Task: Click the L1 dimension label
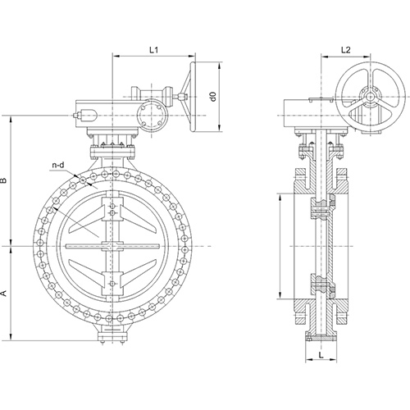[153, 50]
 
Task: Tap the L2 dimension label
[346, 50]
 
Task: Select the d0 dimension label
[214, 97]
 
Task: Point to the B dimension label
[3, 180]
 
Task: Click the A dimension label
[3, 294]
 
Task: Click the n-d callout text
[58, 165]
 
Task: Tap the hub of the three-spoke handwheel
[370, 97]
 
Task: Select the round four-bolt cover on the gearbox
[153, 116]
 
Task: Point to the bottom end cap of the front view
[112, 336]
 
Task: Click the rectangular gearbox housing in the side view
[310, 113]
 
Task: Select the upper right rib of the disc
[140, 218]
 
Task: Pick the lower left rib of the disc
[85, 274]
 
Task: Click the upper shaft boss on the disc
[112, 209]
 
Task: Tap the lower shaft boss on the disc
[112, 283]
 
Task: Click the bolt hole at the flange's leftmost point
[40, 243]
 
